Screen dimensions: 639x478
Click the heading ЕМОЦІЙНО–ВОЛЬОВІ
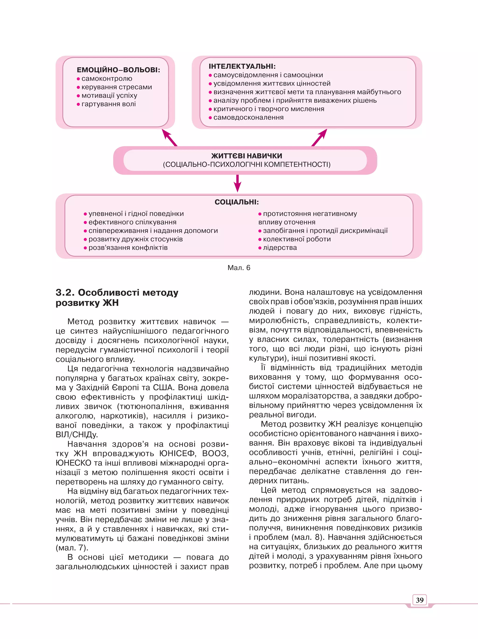[118, 70]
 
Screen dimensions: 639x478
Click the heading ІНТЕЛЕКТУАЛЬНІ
[242, 66]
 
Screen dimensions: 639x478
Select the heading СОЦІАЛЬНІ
[236, 202]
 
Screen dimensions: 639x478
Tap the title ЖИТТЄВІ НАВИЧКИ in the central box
[247, 156]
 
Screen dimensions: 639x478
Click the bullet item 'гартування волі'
[109, 104]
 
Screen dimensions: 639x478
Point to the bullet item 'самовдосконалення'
[248, 118]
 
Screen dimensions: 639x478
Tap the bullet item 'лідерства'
[280, 248]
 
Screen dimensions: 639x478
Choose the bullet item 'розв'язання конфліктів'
[128, 248]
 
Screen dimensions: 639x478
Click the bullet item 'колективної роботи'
[297, 239]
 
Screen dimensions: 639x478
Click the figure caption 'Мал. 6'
[239, 268]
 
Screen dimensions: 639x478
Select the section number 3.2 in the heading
[65, 293]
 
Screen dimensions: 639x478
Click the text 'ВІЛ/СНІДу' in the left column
[77, 434]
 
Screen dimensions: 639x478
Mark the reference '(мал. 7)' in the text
[72, 548]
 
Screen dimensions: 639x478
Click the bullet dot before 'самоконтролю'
[78, 79]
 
